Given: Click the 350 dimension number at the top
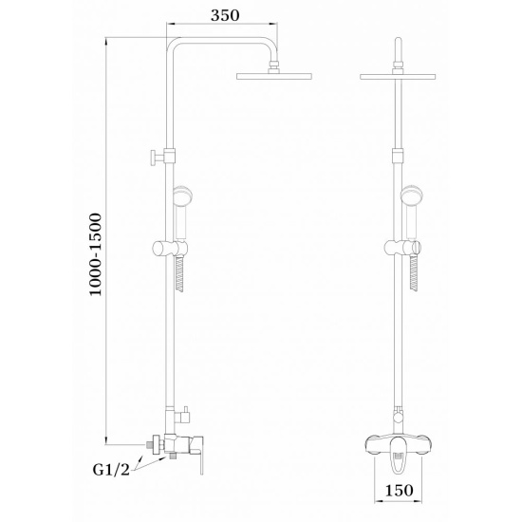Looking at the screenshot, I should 224,16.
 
